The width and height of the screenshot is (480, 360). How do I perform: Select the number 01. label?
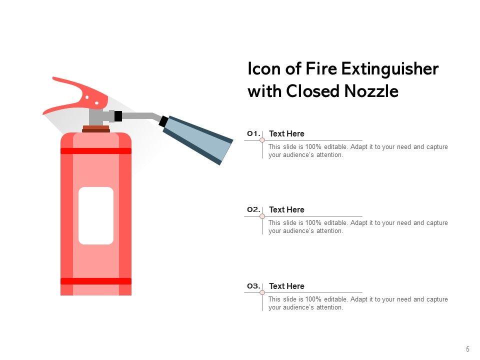pyautogui.click(x=254, y=133)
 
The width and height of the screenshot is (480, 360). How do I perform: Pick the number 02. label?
pyautogui.click(x=254, y=209)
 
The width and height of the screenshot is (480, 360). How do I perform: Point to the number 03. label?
pyautogui.click(x=254, y=286)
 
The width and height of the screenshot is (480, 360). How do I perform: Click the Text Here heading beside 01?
pyautogui.click(x=286, y=134)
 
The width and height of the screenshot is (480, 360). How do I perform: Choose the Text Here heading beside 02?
pyautogui.click(x=286, y=209)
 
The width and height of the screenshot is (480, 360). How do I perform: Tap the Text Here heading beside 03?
pyautogui.click(x=286, y=286)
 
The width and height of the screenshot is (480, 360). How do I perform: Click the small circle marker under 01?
pyautogui.click(x=262, y=140)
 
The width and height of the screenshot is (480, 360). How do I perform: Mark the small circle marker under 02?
pyautogui.click(x=262, y=216)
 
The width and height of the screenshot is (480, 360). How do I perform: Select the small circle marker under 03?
pyautogui.click(x=262, y=292)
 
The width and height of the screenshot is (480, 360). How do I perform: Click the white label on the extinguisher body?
pyautogui.click(x=96, y=216)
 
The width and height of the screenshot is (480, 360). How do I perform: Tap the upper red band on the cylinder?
pyautogui.click(x=96, y=151)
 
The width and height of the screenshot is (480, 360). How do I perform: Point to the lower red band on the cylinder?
pyautogui.click(x=96, y=281)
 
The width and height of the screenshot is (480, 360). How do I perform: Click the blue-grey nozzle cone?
pyautogui.click(x=198, y=139)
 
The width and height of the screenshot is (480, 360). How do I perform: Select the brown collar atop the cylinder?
pyautogui.click(x=96, y=129)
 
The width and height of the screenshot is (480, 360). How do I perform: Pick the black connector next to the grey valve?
pyautogui.click(x=118, y=116)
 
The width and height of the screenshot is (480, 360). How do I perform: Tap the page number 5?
pyautogui.click(x=467, y=349)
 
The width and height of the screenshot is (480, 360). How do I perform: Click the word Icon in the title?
pyautogui.click(x=264, y=69)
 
